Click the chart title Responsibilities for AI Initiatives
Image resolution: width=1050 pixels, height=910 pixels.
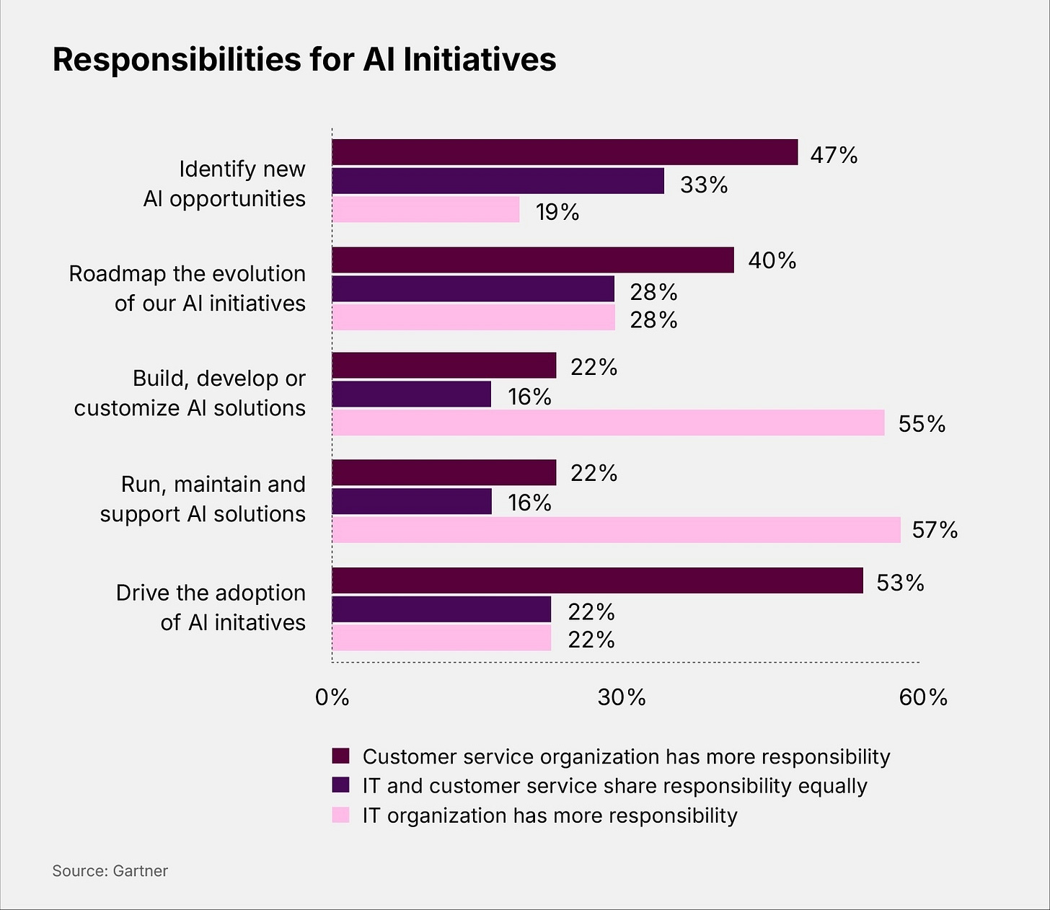pyautogui.click(x=304, y=60)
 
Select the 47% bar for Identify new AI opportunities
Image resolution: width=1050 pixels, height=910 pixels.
pyautogui.click(x=565, y=152)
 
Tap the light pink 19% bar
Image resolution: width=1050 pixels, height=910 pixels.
pyautogui.click(x=425, y=210)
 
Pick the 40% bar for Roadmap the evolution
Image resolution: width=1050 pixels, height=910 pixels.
pyautogui.click(x=532, y=260)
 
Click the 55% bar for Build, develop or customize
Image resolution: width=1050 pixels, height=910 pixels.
pyautogui.click(x=608, y=423)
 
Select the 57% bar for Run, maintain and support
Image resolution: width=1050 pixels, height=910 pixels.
pyautogui.click(x=616, y=530)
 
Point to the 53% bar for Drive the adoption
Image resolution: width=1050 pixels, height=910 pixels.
pyautogui.click(x=597, y=580)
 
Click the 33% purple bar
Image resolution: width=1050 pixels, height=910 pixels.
pyautogui.click(x=498, y=181)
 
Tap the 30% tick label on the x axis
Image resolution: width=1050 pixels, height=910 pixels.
pyautogui.click(x=622, y=697)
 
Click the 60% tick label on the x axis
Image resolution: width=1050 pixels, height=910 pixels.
pyautogui.click(x=923, y=697)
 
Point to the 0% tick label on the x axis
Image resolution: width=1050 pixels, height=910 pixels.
pyautogui.click(x=332, y=697)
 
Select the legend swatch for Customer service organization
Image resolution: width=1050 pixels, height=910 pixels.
pyautogui.click(x=340, y=756)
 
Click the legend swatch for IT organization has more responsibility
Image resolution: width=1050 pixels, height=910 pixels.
pyautogui.click(x=340, y=815)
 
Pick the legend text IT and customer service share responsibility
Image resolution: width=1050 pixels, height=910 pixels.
pyautogui.click(x=614, y=785)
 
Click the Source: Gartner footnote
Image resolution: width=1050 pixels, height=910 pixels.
pyautogui.click(x=110, y=870)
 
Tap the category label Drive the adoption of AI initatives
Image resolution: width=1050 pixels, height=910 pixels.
pyautogui.click(x=211, y=607)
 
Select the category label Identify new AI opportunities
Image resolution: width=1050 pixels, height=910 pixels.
pyautogui.click(x=224, y=183)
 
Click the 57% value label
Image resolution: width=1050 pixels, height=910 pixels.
pyautogui.click(x=935, y=531)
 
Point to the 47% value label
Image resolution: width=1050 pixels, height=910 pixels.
pyautogui.click(x=834, y=155)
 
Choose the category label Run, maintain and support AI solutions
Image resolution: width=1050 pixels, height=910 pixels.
pyautogui.click(x=203, y=499)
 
